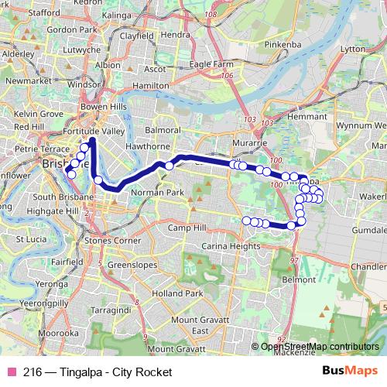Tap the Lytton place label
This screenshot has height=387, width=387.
pos(351,70)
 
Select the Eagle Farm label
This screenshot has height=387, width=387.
pos(212,64)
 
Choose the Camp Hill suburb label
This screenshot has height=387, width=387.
pos(189,228)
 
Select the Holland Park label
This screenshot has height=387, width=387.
pos(176,293)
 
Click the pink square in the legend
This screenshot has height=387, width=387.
pos(10,372)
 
